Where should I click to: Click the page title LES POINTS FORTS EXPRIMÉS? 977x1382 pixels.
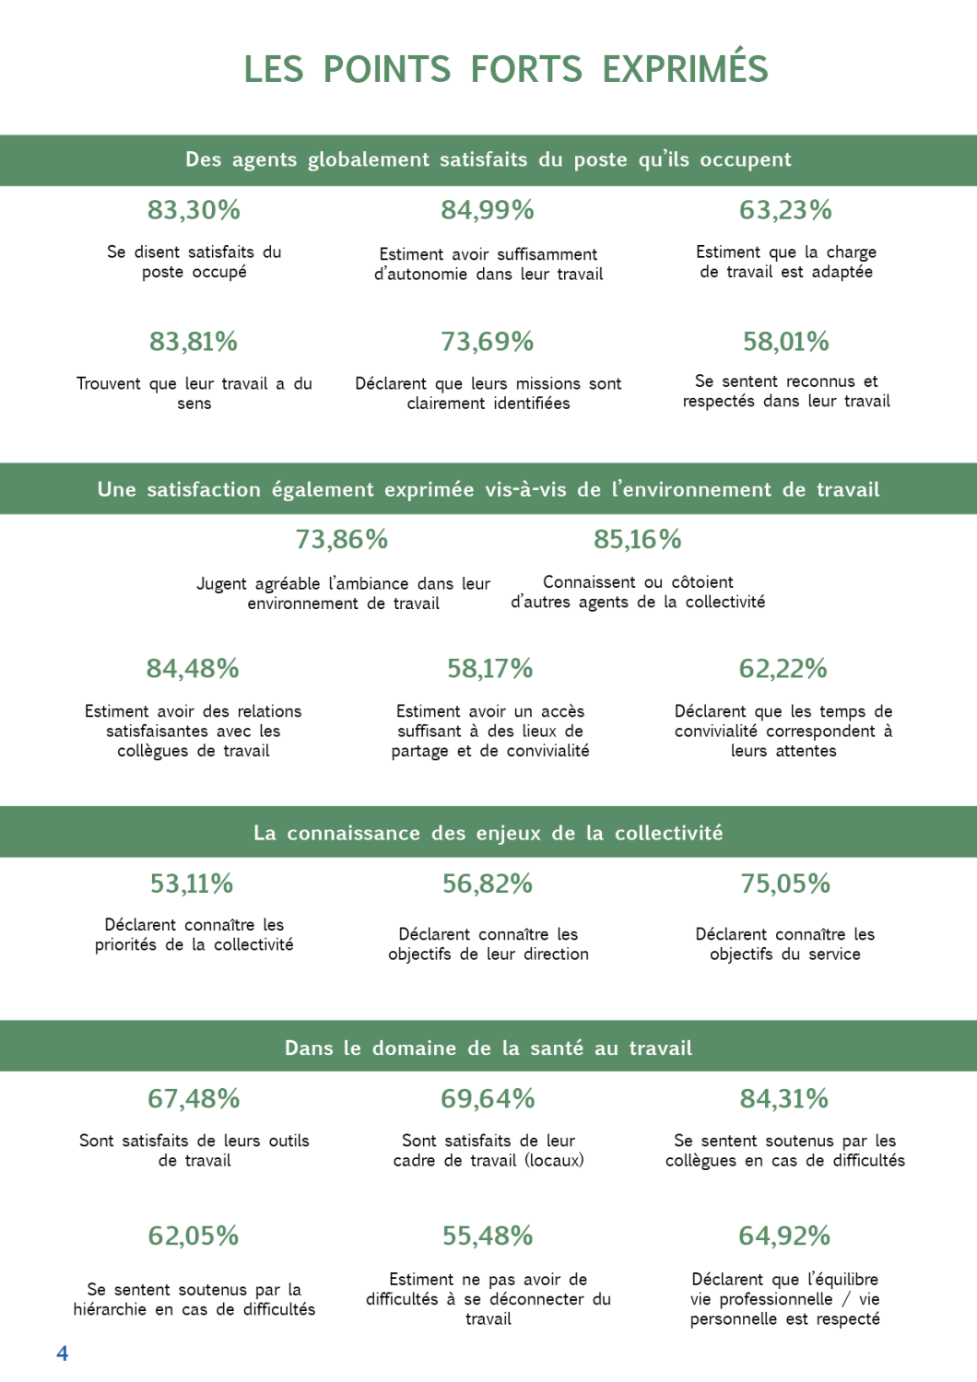[506, 70]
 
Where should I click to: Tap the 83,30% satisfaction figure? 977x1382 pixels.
[194, 210]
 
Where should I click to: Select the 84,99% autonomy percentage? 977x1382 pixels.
[488, 210]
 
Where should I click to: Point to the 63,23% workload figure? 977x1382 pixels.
[785, 210]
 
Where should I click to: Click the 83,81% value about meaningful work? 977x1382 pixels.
[194, 342]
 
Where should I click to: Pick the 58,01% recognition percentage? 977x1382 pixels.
[786, 342]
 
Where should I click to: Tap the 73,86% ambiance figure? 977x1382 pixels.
[342, 539]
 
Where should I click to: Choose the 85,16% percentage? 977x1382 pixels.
[638, 539]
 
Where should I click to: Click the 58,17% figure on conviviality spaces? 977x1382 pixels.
[489, 668]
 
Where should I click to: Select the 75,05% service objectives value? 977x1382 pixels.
[785, 884]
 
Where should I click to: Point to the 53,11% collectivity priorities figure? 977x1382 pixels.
[192, 884]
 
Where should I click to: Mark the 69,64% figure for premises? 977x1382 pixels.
[488, 1098]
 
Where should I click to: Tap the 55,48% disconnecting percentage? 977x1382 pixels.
[488, 1236]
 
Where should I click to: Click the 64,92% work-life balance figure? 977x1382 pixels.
[784, 1236]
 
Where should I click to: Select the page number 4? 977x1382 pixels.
[63, 1353]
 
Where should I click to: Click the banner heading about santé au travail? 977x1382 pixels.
[488, 1048]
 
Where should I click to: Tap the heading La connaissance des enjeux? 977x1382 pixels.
[488, 833]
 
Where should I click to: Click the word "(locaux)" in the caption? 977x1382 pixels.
[554, 1160]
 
